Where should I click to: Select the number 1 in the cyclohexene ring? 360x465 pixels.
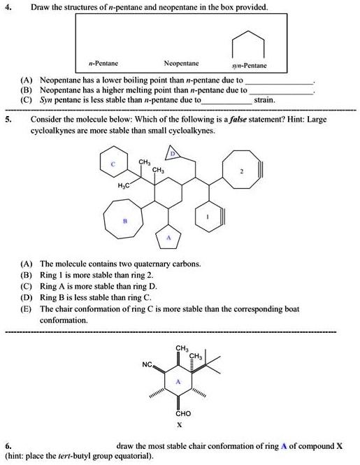[208, 217]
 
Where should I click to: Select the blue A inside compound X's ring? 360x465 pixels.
[179, 382]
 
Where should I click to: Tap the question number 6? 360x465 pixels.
[8, 445]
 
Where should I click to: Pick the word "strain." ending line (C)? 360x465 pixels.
[265, 100]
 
